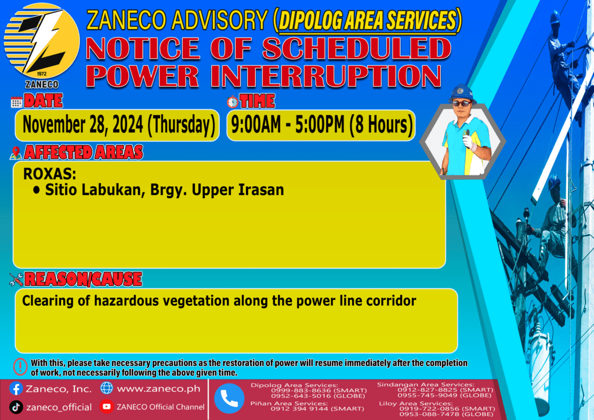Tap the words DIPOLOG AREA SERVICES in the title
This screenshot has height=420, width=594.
pyautogui.click(x=367, y=20)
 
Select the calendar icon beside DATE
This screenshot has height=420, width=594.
pyautogui.click(x=17, y=102)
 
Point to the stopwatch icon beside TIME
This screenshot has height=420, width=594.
pyautogui.click(x=233, y=102)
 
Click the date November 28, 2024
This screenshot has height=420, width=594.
pyautogui.click(x=83, y=125)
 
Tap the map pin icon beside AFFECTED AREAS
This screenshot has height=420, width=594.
pyautogui.click(x=16, y=153)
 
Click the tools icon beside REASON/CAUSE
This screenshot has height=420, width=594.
pyautogui.click(x=16, y=280)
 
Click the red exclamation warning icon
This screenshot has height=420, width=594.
pyautogui.click(x=20, y=367)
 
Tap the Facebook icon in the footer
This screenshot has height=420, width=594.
pyautogui.click(x=16, y=389)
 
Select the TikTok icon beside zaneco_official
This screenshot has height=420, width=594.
pyautogui.click(x=16, y=407)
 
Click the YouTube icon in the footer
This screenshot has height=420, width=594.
pyautogui.click(x=107, y=407)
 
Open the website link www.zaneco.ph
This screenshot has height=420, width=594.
pyautogui.click(x=158, y=389)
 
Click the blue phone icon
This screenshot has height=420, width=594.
pyautogui.click(x=229, y=398)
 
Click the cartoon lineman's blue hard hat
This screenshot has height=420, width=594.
pyautogui.click(x=461, y=92)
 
